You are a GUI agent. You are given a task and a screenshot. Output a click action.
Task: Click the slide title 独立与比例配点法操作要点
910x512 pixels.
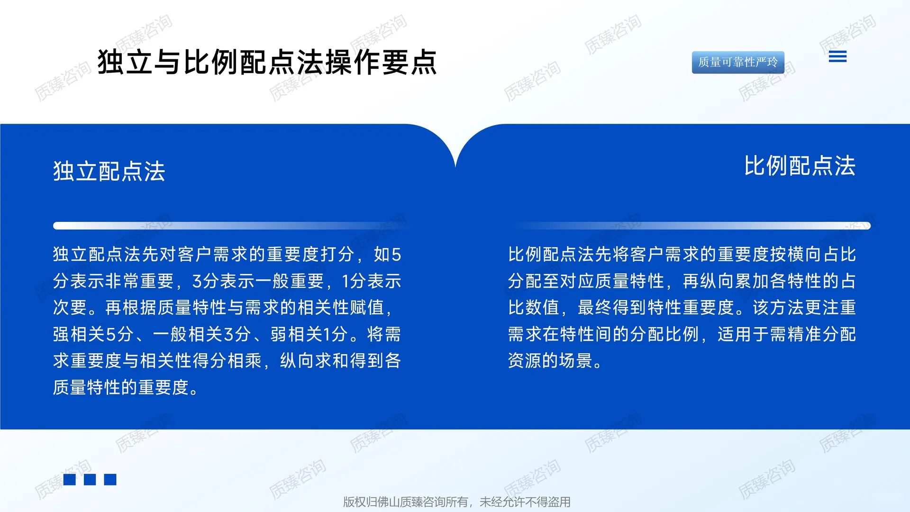click(267, 62)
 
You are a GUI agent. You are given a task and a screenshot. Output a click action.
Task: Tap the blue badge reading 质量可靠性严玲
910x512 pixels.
click(737, 62)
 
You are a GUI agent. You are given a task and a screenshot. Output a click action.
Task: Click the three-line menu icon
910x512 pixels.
click(837, 57)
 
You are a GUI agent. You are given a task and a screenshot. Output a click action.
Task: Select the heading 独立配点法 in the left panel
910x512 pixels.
click(109, 171)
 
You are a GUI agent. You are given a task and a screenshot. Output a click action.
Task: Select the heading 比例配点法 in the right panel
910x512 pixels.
click(800, 166)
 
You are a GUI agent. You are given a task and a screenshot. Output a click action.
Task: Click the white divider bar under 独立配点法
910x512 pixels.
click(227, 226)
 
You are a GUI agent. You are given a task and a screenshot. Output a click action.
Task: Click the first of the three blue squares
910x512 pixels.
click(70, 480)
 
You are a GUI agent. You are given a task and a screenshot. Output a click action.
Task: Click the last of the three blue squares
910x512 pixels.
click(110, 480)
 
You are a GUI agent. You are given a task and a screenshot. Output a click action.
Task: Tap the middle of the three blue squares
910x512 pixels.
click(90, 480)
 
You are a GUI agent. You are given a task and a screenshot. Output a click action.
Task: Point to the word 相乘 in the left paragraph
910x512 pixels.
click(245, 361)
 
